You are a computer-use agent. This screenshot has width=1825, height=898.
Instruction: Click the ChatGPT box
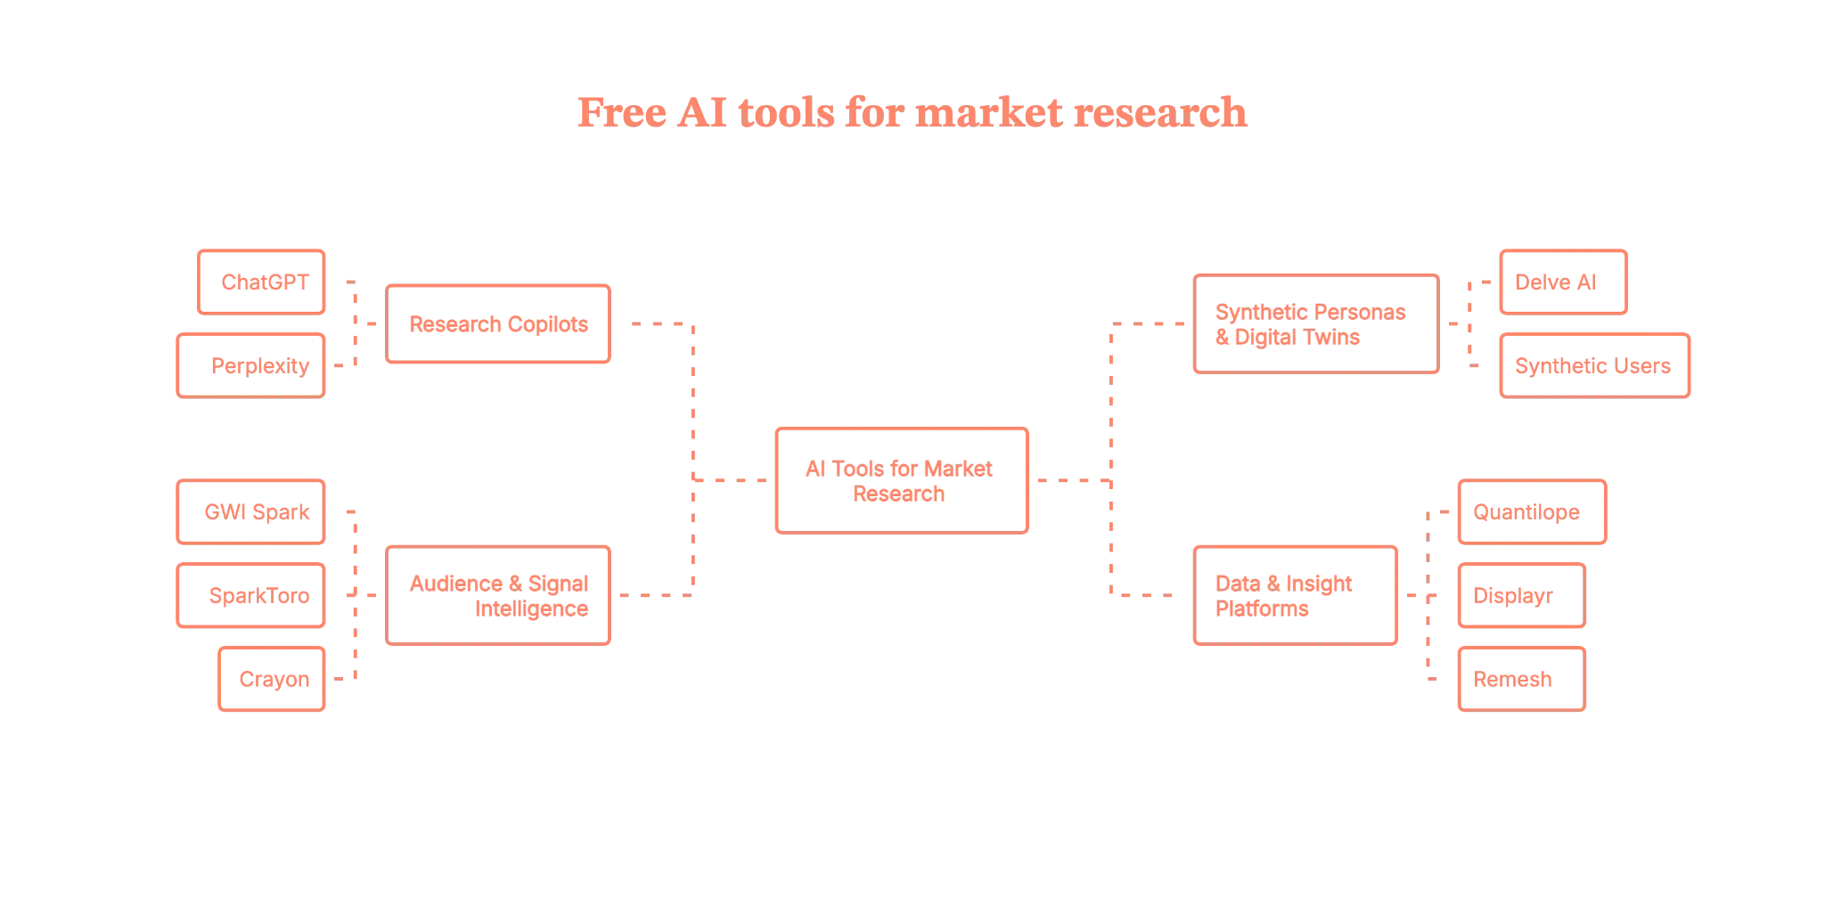pos(261,282)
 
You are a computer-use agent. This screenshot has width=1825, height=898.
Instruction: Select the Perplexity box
pos(250,365)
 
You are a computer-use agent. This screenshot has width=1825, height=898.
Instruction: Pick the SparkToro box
pos(251,595)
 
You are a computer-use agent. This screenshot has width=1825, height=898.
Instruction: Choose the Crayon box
pos(271,679)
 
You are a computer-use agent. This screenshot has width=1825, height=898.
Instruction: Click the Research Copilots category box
pos(498,324)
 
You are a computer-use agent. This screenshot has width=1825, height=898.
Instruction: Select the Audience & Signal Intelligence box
pos(498,595)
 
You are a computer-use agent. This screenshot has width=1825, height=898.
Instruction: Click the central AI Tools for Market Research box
pos(901,481)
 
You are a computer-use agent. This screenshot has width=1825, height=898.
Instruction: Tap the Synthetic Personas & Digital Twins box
pos(1314,324)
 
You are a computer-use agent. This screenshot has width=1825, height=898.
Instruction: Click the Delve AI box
pos(1563,282)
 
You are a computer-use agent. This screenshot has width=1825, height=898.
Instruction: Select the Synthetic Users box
pos(1594,365)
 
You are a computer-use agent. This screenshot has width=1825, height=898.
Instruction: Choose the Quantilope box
pos(1531,512)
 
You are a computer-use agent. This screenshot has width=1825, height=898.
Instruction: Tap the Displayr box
pos(1521,595)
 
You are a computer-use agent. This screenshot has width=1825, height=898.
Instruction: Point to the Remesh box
pos(1521,679)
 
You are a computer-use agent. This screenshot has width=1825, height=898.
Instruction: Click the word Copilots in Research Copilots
pos(550,324)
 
